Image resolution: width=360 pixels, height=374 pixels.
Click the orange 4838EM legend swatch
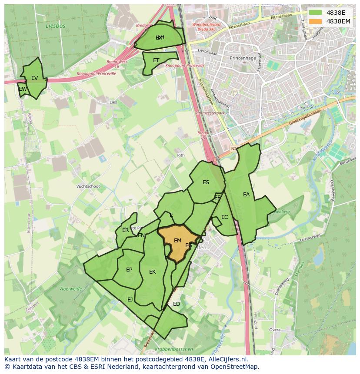[316, 21]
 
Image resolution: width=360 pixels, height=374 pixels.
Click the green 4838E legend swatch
[316, 13]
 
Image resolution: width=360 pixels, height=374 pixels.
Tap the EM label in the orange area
[177, 241]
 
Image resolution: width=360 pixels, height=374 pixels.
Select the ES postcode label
[206, 182]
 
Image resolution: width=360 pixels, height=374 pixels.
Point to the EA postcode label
[247, 195]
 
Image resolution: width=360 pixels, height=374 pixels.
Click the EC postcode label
[224, 217]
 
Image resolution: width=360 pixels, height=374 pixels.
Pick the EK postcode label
[152, 272]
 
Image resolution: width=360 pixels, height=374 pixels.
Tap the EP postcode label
[129, 270]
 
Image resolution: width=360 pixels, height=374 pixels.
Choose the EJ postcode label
[130, 299]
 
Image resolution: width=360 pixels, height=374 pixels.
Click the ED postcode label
[177, 304]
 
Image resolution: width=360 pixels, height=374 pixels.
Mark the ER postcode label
[125, 230]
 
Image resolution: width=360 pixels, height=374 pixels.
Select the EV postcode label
[34, 78]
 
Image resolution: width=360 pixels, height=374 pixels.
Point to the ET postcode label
[156, 60]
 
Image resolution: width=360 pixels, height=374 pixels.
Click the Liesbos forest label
[56, 26]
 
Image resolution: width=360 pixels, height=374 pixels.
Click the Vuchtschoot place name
[88, 186]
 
